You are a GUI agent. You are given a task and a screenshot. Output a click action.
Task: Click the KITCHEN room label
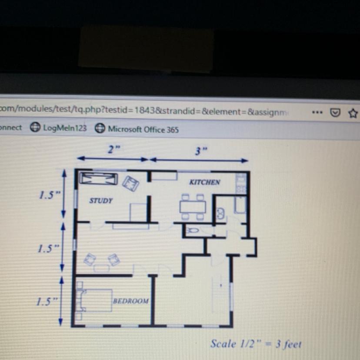click(x=205, y=182)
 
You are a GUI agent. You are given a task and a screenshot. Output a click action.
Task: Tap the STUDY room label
click(x=101, y=201)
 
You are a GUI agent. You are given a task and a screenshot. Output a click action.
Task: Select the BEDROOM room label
click(x=131, y=301)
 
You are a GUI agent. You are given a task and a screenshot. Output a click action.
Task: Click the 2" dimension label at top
click(x=114, y=150)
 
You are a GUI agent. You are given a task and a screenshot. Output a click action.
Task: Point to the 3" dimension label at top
click(x=201, y=151)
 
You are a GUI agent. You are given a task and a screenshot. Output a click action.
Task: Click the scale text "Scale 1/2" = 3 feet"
click(x=256, y=344)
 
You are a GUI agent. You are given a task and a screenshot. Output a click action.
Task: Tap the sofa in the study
click(x=99, y=179)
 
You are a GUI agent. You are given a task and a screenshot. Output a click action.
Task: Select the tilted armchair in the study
click(x=130, y=183)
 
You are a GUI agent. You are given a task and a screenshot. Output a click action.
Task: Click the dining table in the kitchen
click(x=193, y=207)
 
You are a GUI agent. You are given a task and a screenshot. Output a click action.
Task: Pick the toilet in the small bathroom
click(x=193, y=230)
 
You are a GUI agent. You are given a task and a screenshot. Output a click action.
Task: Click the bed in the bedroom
click(x=96, y=300)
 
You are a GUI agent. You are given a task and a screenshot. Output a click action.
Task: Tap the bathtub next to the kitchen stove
click(x=240, y=205)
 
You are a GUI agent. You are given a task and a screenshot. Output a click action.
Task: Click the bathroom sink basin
click(x=220, y=213)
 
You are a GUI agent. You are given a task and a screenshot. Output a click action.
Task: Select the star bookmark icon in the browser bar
click(x=353, y=113)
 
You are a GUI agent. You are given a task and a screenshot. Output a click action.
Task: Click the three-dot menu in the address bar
click(x=317, y=113)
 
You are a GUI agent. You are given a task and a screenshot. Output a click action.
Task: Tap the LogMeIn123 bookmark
click(x=58, y=128)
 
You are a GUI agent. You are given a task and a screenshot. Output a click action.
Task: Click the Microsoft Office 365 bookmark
click(x=137, y=129)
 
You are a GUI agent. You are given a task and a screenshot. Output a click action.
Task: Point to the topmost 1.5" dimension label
click(x=50, y=195)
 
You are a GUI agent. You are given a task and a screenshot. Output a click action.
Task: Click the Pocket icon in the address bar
click(x=335, y=113)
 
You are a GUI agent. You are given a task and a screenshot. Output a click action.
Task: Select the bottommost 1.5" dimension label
click(x=47, y=301)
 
